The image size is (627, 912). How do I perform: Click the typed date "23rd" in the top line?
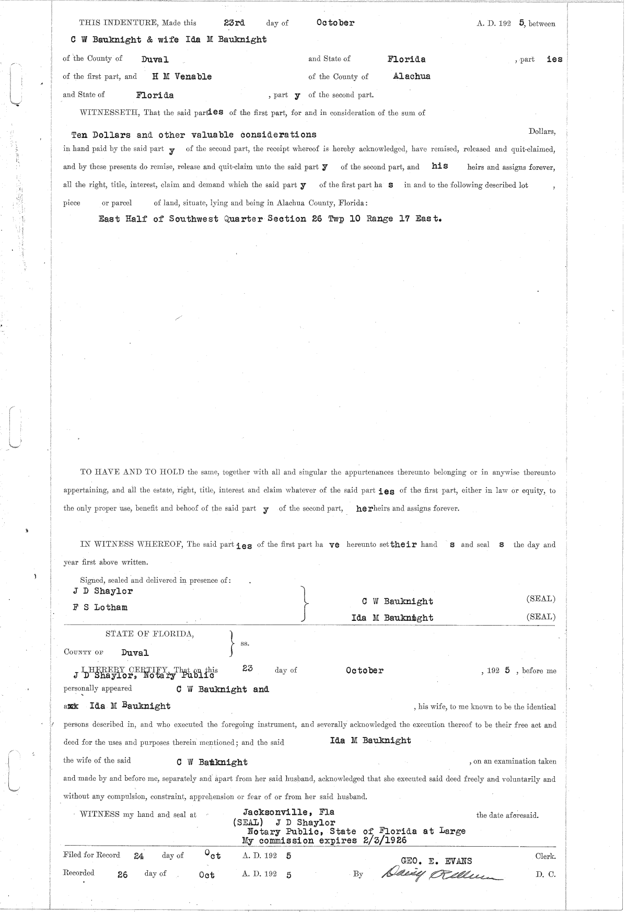click(234, 22)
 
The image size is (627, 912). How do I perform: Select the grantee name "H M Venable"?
click(182, 76)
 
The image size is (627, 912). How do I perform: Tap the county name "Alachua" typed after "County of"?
click(412, 76)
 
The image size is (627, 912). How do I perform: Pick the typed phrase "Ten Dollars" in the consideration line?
click(101, 135)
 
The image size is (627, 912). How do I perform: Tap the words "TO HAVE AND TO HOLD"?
click(132, 472)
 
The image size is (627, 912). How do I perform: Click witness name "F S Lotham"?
click(100, 607)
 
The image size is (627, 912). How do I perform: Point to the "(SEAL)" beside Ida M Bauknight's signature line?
click(541, 617)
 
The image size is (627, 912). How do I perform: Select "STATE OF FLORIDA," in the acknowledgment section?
click(150, 634)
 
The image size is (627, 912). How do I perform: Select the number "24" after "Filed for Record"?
click(138, 856)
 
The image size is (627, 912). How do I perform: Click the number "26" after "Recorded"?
click(123, 874)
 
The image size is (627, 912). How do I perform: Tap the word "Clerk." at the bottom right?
click(545, 856)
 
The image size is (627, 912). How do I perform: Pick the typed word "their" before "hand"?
click(404, 544)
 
